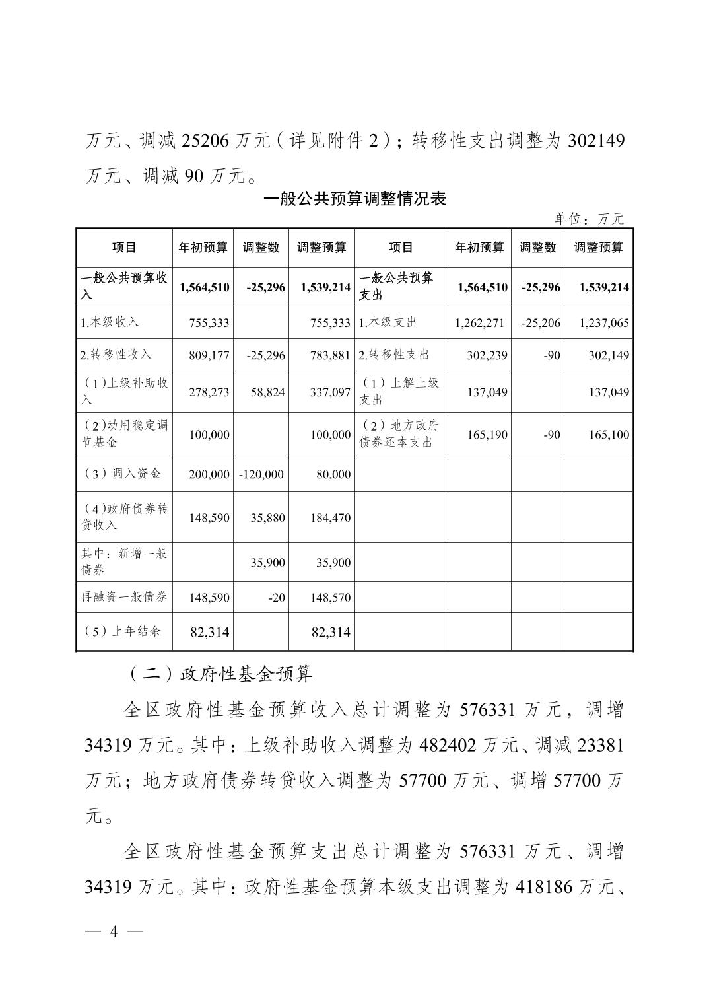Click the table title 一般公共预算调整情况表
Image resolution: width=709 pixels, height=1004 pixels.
355,199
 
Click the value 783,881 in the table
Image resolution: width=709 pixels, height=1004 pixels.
330,355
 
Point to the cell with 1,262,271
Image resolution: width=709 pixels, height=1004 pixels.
480,323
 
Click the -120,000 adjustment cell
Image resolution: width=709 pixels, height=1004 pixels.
262,474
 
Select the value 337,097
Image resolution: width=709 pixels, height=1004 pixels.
330,392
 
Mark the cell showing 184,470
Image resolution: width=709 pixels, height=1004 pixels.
330,518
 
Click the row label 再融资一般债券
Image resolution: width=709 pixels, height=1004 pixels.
124,597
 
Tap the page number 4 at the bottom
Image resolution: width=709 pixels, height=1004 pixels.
114,932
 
